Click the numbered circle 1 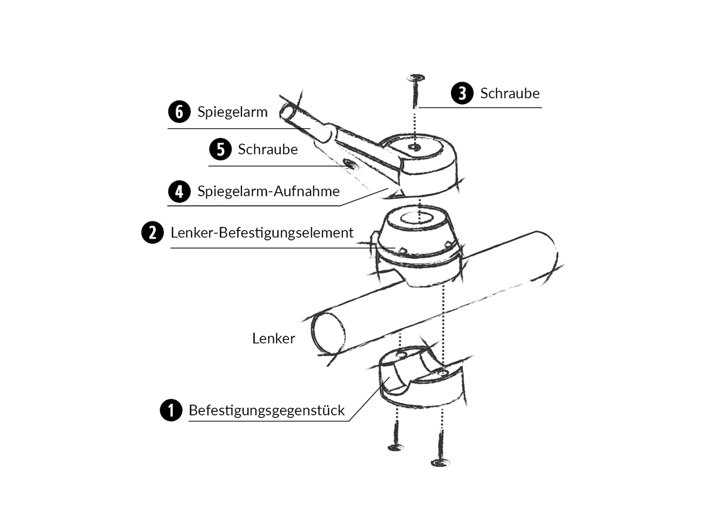click(171, 410)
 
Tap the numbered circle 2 click(153, 232)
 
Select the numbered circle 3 click(462, 93)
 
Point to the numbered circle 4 click(179, 192)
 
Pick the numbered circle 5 click(220, 149)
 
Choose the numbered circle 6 click(179, 112)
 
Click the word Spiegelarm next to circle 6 click(232, 112)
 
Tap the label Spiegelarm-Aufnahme click(268, 192)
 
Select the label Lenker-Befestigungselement click(262, 233)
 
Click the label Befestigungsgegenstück click(267, 410)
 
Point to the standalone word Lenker click(274, 339)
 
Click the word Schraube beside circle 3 click(510, 93)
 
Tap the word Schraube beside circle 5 click(268, 149)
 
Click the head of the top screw click(415, 78)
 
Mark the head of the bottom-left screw click(396, 447)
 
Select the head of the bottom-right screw click(440, 463)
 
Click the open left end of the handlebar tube click(328, 334)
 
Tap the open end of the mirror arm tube click(287, 112)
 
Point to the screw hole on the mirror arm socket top click(415, 148)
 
